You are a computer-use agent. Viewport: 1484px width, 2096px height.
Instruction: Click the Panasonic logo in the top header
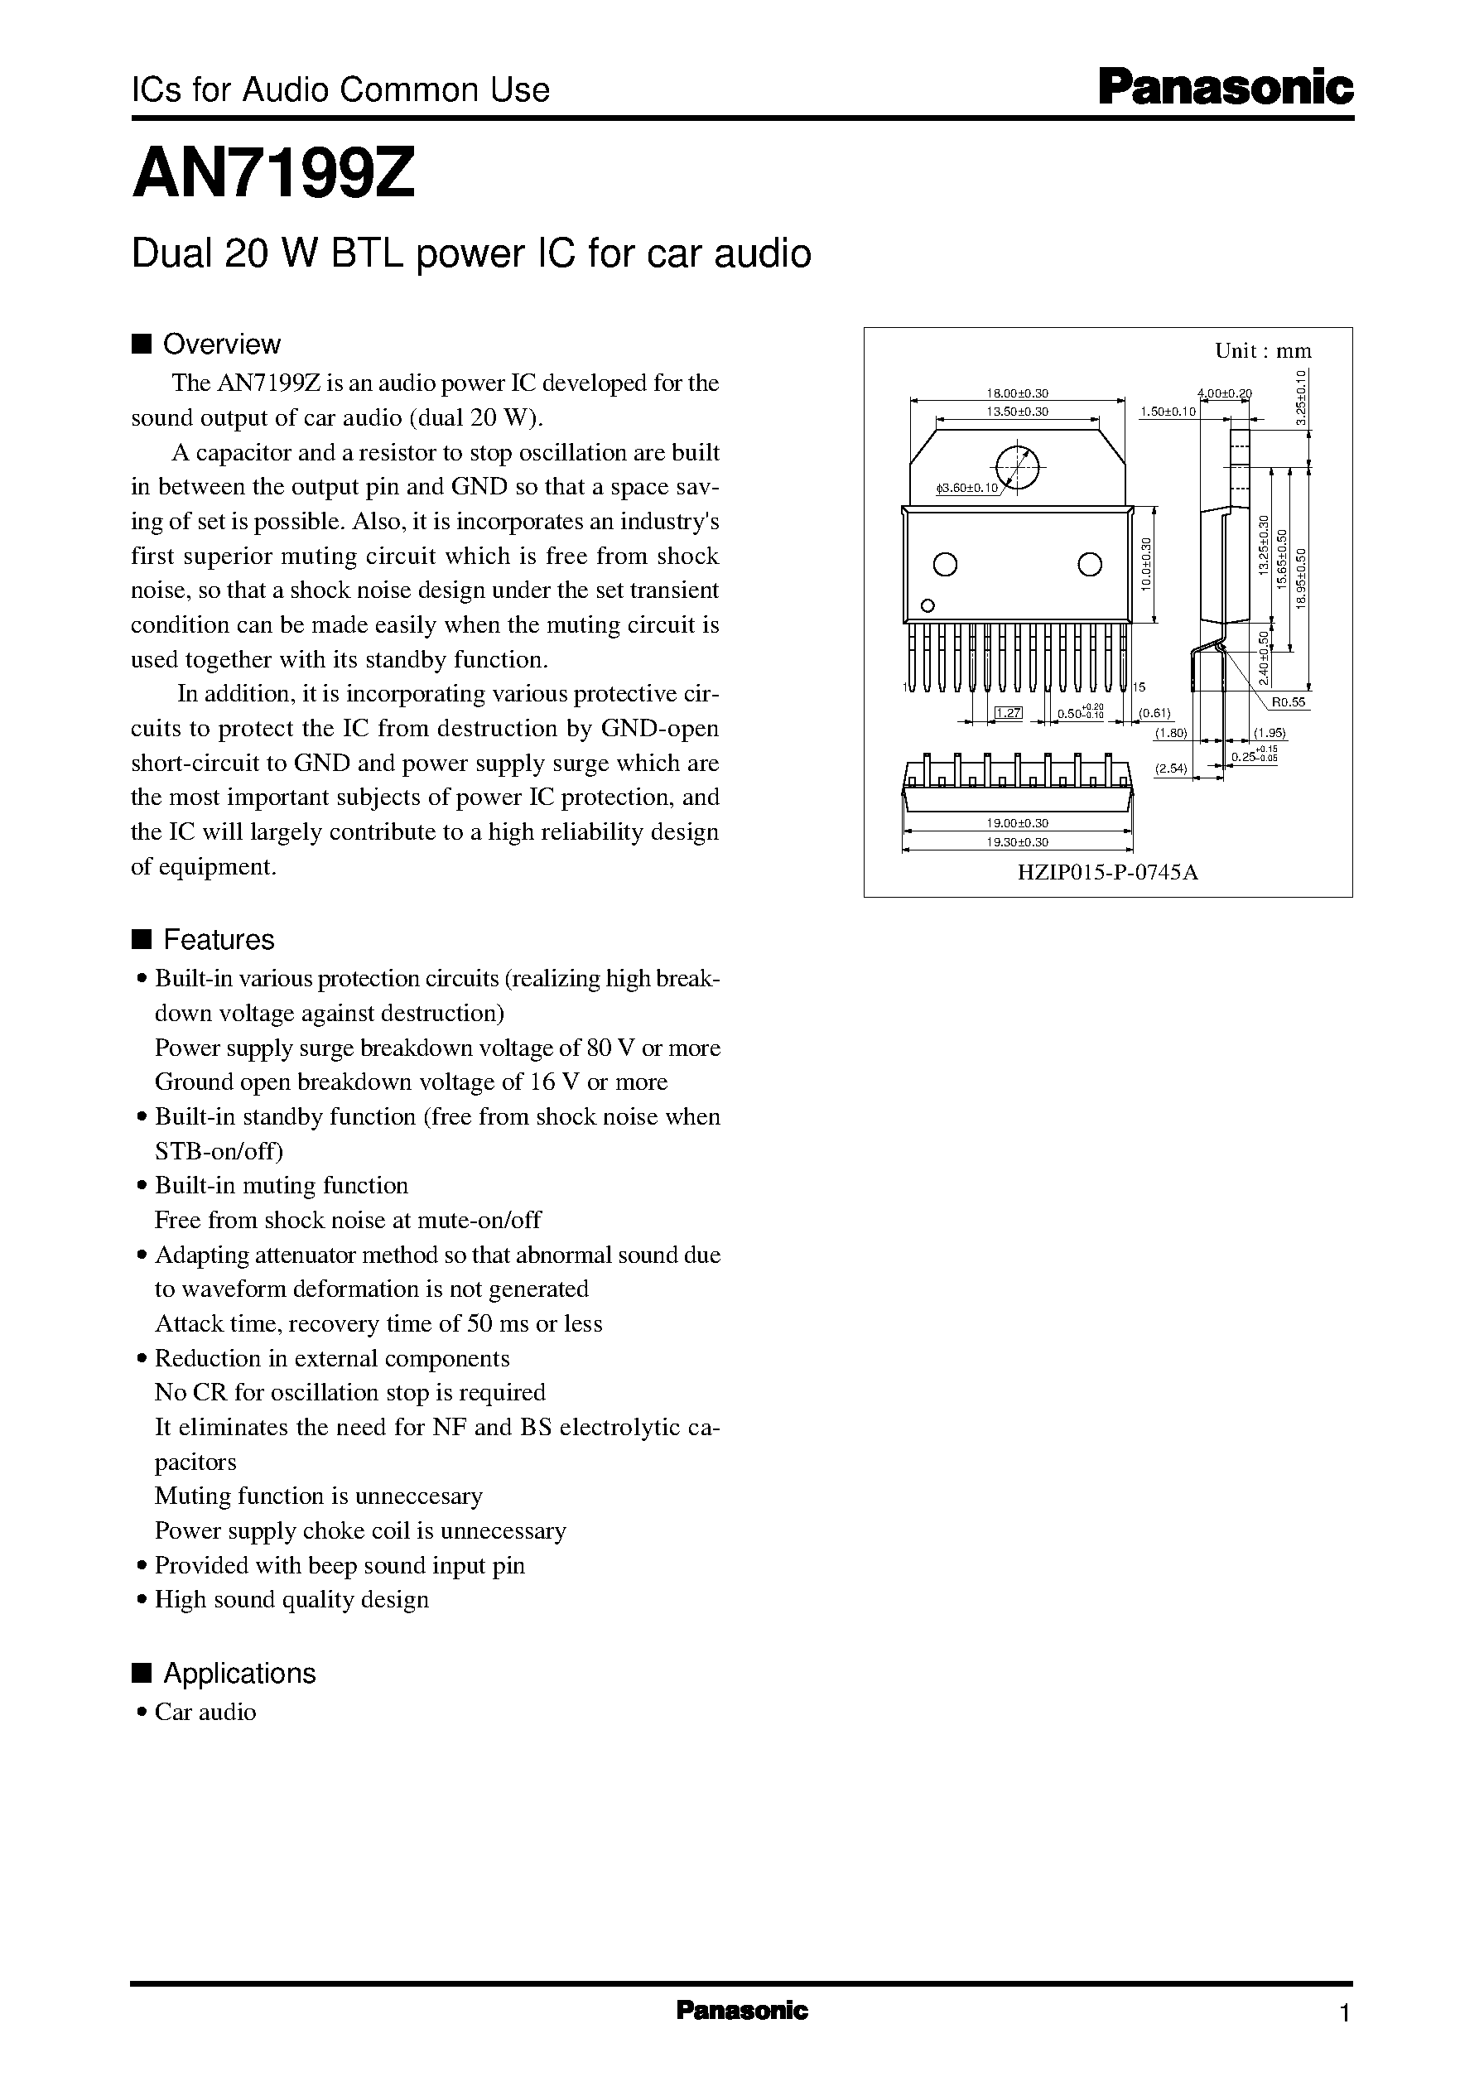click(1225, 89)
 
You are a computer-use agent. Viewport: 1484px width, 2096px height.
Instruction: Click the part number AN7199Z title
click(274, 175)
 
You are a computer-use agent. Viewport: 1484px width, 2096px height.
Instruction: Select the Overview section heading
click(220, 345)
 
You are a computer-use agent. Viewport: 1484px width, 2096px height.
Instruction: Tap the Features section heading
click(218, 940)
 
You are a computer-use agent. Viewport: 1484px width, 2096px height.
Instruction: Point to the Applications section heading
click(238, 1674)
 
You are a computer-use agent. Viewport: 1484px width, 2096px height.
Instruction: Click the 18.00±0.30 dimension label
click(1016, 393)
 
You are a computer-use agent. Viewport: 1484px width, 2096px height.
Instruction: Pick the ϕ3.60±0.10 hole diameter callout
click(969, 488)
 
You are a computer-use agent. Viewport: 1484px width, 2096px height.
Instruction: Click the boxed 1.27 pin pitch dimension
click(1007, 714)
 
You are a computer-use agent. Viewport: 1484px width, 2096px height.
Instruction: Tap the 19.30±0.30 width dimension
click(1017, 842)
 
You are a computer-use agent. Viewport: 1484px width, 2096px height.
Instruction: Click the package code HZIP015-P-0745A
click(1107, 872)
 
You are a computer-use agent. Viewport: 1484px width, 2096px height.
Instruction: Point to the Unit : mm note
click(1263, 351)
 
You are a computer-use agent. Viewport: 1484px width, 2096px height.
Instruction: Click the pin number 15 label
click(1139, 687)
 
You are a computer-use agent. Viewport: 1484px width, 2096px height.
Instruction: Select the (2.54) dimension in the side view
click(1171, 769)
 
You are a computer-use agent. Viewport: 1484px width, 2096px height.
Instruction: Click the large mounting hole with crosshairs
click(1016, 464)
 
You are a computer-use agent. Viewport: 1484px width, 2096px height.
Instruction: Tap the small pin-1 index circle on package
click(927, 605)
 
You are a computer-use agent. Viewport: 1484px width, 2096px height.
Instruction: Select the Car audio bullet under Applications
click(205, 1713)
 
